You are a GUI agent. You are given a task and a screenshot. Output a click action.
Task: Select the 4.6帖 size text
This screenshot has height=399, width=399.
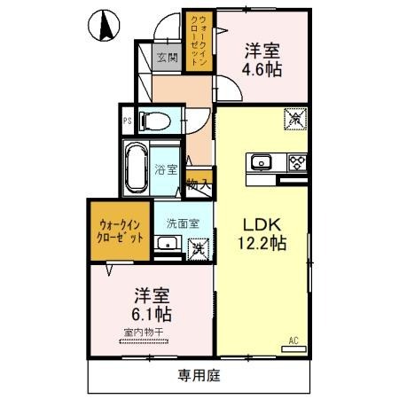(x=263, y=68)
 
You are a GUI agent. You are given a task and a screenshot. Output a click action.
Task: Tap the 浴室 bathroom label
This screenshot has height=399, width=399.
(x=165, y=168)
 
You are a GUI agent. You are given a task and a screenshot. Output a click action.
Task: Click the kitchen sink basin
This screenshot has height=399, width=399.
(x=262, y=162)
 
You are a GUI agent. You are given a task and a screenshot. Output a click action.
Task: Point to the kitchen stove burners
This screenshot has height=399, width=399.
(x=295, y=161)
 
